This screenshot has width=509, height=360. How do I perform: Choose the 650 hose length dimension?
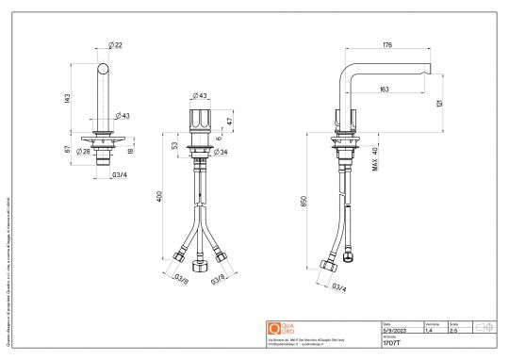click(303, 201)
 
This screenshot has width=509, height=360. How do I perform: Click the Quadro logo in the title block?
click(275, 327)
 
